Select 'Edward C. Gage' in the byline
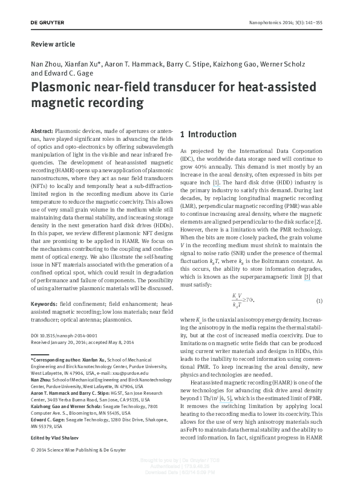click(63, 73)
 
